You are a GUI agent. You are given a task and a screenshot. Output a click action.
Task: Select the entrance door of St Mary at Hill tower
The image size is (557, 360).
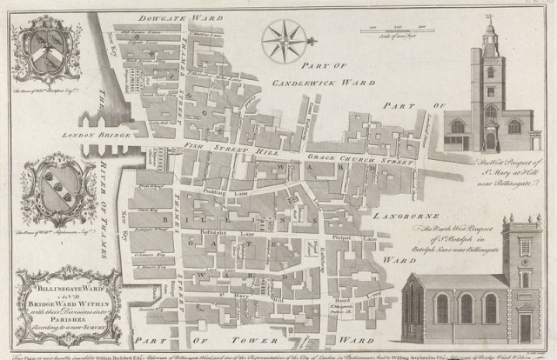point(491,141)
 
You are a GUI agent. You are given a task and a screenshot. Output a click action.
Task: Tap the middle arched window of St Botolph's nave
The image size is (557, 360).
point(466,308)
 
